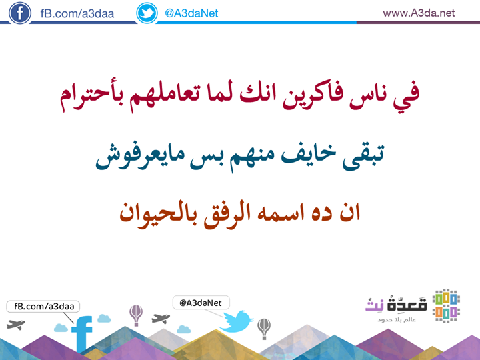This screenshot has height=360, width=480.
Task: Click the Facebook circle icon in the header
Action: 20,13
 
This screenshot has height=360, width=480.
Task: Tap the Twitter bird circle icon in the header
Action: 147,13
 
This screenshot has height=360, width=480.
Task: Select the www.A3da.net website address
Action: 419,13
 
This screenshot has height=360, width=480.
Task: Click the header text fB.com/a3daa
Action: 77,13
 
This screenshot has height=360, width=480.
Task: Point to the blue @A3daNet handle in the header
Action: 191,13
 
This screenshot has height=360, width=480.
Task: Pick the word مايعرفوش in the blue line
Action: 140,156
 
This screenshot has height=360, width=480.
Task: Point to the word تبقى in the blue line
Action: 363,156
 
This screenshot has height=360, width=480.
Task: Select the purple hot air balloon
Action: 136,315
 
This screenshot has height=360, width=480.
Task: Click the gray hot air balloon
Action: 264,329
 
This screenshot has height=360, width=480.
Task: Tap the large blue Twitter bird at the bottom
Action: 236,321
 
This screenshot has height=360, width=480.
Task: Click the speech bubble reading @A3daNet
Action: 201,303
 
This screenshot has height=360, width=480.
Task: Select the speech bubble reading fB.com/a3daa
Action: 43,307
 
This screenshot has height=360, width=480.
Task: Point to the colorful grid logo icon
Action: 446,306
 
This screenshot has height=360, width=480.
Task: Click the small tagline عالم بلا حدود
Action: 397,319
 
